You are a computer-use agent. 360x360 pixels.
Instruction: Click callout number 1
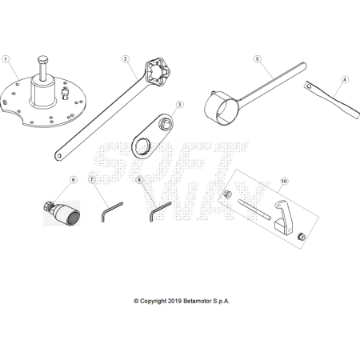6,59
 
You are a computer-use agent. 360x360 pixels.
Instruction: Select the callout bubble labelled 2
126,59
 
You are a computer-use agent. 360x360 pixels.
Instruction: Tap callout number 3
179,104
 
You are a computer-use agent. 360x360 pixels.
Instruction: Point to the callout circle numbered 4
344,80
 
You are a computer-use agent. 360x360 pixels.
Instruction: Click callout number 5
258,59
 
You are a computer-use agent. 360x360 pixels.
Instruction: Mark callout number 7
93,180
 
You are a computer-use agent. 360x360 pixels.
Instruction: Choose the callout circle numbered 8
140,180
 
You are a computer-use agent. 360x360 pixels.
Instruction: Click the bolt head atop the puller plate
42,62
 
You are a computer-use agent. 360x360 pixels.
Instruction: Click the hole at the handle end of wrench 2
59,154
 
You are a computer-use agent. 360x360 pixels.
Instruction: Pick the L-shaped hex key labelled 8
159,210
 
